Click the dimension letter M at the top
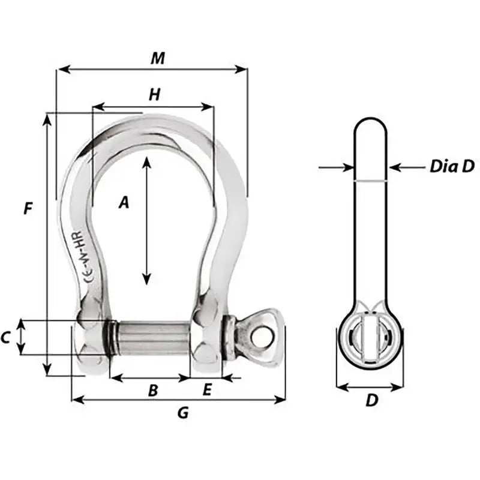pos(157,58)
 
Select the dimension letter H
pos(155,94)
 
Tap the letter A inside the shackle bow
pos(124,203)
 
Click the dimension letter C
pos(5,338)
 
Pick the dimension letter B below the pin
pos(153,391)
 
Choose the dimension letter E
pos(207,391)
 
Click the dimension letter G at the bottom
pos(183,413)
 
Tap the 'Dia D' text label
pos(451,167)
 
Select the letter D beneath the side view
pos(372,401)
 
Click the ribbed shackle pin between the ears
pos(153,338)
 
